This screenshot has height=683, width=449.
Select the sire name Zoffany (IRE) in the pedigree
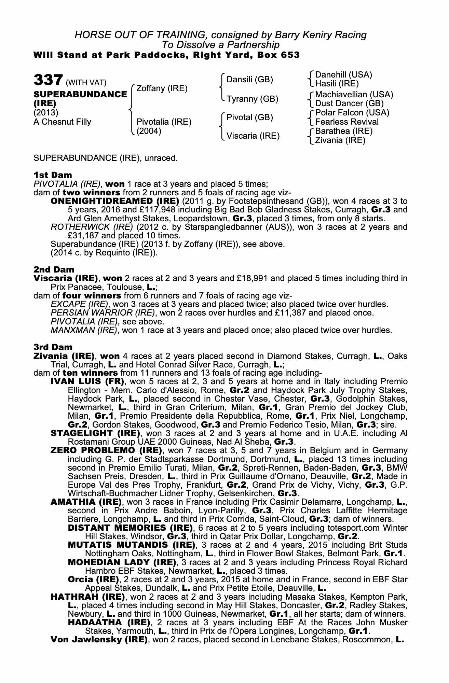pyautogui.click(x=162, y=88)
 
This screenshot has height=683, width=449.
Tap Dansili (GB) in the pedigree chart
pyautogui.click(x=250, y=80)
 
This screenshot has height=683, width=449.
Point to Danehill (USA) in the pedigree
pyautogui.click(x=343, y=75)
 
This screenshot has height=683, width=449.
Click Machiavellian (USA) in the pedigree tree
pyautogui.click(x=354, y=95)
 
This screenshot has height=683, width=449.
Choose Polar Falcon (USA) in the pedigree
pyautogui.click(x=352, y=113)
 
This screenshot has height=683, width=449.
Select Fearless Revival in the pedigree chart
pyautogui.click(x=347, y=122)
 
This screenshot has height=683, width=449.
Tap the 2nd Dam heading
pyautogui.click(x=54, y=269)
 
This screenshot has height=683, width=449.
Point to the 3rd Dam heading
pyautogui.click(x=53, y=347)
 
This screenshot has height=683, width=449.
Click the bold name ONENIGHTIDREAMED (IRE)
pyautogui.click(x=115, y=201)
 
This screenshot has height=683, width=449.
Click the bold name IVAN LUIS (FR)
pyautogui.click(x=87, y=381)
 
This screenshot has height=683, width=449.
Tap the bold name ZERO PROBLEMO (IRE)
pyautogui.click(x=106, y=450)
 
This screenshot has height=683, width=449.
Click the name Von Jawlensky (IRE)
pyautogui.click(x=99, y=640)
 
